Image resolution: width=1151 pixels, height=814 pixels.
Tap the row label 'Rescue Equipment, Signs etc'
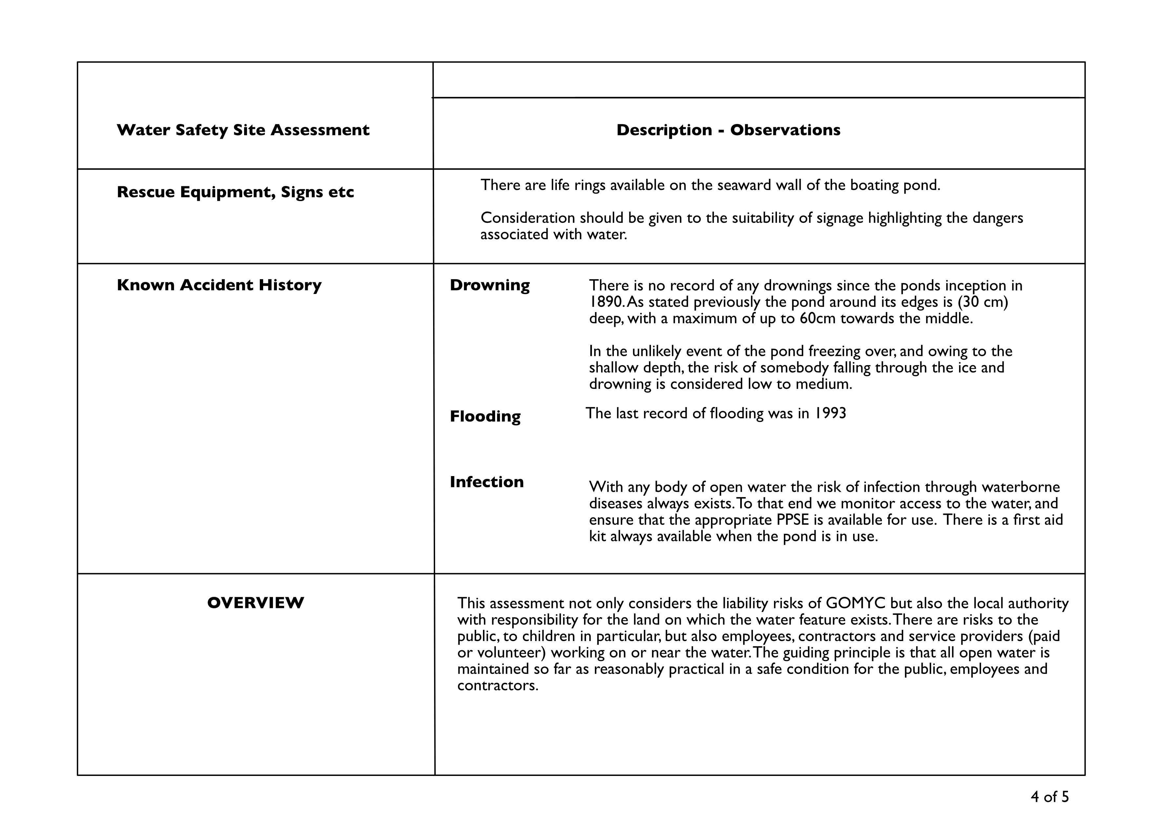point(235,192)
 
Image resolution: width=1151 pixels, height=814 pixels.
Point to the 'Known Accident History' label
point(219,285)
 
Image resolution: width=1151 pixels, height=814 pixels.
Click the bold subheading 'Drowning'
point(489,285)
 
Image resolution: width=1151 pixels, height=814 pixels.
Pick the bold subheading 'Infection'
point(486,482)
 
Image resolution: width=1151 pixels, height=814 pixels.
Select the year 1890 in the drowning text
point(606,302)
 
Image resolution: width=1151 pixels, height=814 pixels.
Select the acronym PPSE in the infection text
point(793,520)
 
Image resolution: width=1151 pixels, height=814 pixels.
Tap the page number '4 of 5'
point(1050,797)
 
